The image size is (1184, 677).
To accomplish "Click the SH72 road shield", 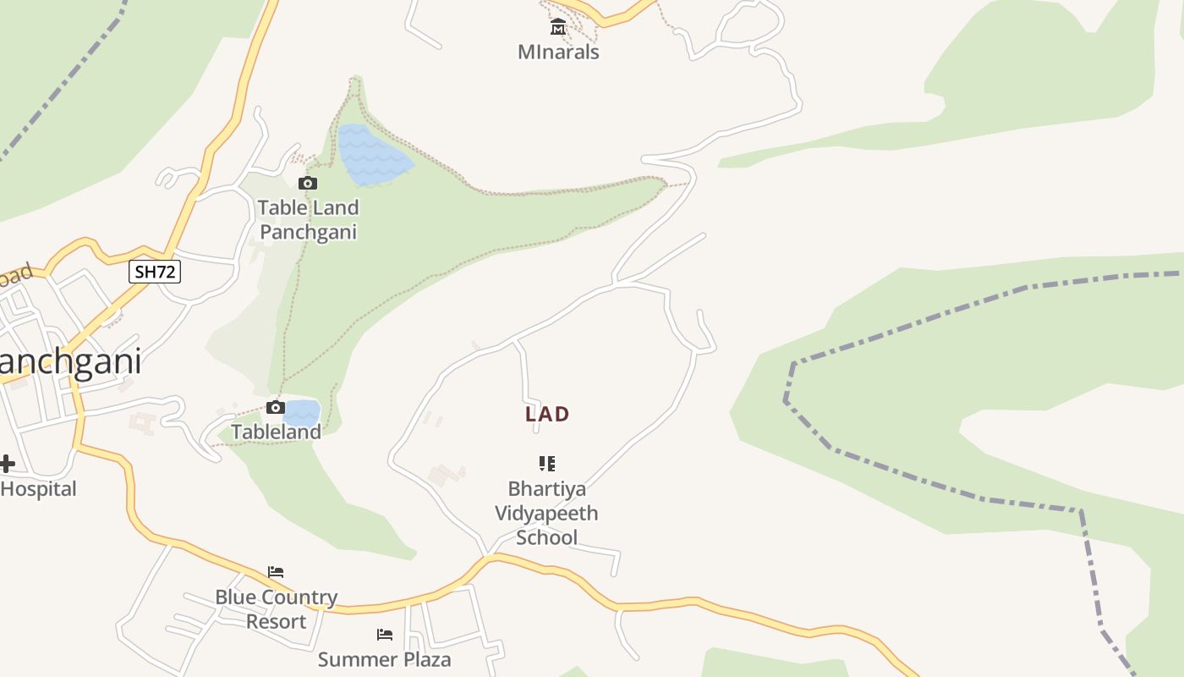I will pyautogui.click(x=155, y=272).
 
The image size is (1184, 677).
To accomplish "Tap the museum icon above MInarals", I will pyautogui.click(x=558, y=29).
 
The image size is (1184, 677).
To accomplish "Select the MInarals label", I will pyautogui.click(x=558, y=52).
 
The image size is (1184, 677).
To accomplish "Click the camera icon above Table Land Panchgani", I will pyautogui.click(x=308, y=184).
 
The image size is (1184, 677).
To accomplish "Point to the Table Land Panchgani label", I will pyautogui.click(x=308, y=219).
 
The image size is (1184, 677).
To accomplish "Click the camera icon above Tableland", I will pyautogui.click(x=275, y=408).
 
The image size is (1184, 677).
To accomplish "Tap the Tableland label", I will pyautogui.click(x=277, y=432).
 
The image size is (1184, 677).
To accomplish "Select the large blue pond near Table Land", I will pyautogui.click(x=370, y=155).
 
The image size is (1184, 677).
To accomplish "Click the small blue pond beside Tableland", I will pyautogui.click(x=302, y=413).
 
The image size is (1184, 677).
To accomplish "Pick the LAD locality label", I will pyautogui.click(x=547, y=414).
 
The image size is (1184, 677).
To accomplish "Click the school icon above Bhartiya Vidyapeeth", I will pyautogui.click(x=547, y=463).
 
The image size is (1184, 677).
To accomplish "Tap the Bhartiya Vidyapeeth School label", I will pyautogui.click(x=547, y=513).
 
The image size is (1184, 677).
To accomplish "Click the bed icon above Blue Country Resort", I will pyautogui.click(x=276, y=572).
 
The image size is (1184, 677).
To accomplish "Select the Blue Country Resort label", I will pyautogui.click(x=276, y=609).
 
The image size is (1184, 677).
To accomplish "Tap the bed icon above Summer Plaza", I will pyautogui.click(x=385, y=635).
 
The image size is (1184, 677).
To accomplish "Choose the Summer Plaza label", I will pyautogui.click(x=385, y=659).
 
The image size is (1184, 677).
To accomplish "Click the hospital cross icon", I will pyautogui.click(x=7, y=464).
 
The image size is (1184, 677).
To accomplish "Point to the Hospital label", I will pyautogui.click(x=38, y=488).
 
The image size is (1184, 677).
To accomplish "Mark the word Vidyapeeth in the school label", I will pyautogui.click(x=546, y=513).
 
